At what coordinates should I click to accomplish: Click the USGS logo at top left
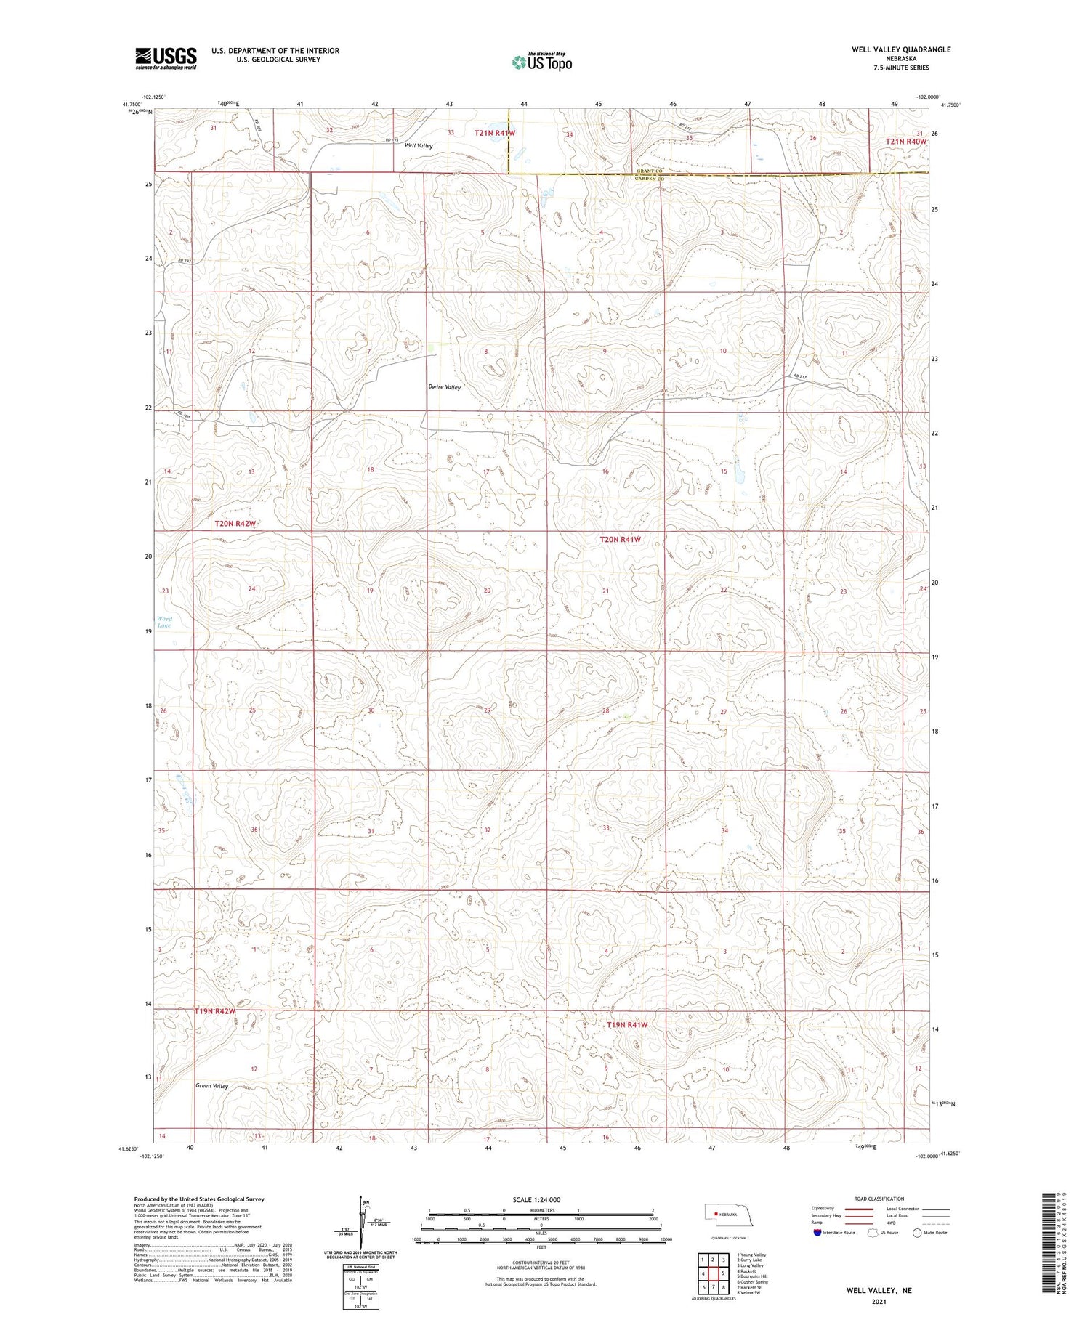tap(166, 58)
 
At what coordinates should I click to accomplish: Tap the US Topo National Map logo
tap(541, 62)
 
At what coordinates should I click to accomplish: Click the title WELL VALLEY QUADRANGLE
tap(901, 49)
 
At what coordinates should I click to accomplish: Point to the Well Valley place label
tap(419, 146)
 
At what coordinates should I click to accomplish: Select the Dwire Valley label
tap(444, 387)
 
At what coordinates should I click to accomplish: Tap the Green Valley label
tap(211, 1086)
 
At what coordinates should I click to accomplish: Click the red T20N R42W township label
tap(235, 523)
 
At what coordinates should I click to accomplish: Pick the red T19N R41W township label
tap(626, 1024)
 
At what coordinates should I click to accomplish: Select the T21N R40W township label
tap(906, 142)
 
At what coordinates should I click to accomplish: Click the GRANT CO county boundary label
tap(650, 171)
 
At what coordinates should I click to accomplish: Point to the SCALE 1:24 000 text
tap(536, 1199)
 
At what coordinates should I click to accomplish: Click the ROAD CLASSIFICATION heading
tap(879, 1199)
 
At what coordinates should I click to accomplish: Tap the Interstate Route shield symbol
tap(817, 1233)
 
